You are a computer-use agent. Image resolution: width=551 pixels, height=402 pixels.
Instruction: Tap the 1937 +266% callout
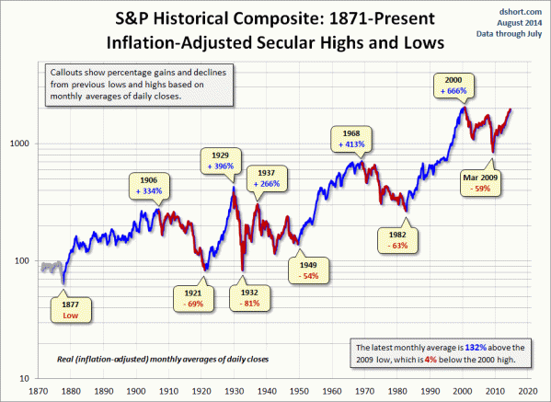tap(271, 177)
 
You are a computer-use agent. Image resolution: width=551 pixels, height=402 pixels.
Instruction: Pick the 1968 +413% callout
tap(354, 138)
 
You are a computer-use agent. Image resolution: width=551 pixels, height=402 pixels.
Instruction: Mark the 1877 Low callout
tap(71, 309)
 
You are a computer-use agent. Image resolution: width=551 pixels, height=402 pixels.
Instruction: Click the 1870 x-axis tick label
tap(39, 389)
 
